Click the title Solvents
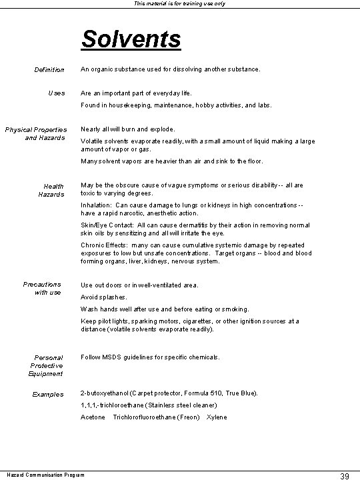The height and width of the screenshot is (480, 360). click(131, 39)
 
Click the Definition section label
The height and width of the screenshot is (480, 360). click(49, 69)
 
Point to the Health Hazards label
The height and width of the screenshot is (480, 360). click(53, 190)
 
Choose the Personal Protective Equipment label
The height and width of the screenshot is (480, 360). click(47, 365)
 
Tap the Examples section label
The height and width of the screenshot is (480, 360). click(48, 394)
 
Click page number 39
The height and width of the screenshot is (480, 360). click(345, 475)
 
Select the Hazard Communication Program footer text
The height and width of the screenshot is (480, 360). click(37, 475)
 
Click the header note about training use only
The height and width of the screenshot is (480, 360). click(180, 4)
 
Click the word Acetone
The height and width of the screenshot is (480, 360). click(93, 417)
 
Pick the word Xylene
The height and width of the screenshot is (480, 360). click(217, 417)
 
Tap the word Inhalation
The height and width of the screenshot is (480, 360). click(97, 205)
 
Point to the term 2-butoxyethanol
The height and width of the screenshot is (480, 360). click(107, 393)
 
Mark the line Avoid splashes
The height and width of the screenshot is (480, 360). click(103, 297)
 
